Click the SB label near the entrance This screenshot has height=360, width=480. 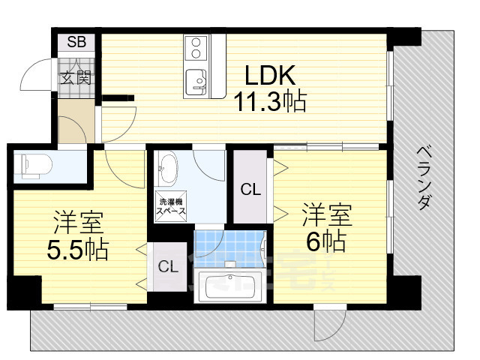click(x=76, y=42)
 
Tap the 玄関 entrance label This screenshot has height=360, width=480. click(x=76, y=76)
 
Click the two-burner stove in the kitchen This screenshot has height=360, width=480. click(x=196, y=47)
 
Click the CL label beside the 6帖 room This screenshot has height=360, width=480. click(x=250, y=190)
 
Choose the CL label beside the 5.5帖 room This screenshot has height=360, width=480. click(x=168, y=265)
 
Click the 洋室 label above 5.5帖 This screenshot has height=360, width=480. click(x=78, y=223)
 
